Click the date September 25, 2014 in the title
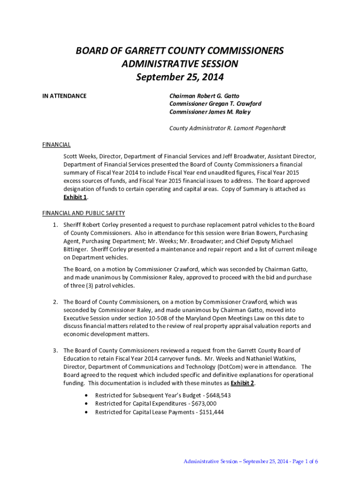(x=180, y=77)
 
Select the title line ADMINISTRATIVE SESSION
(x=180, y=64)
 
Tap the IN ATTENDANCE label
(x=65, y=96)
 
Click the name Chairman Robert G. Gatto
(x=204, y=96)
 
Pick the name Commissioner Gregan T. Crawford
(x=215, y=104)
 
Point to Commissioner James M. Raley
(x=209, y=112)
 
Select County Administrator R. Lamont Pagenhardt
(x=227, y=128)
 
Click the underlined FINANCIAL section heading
(x=56, y=145)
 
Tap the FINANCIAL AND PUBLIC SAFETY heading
(x=84, y=213)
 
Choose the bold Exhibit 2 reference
(x=242, y=383)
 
